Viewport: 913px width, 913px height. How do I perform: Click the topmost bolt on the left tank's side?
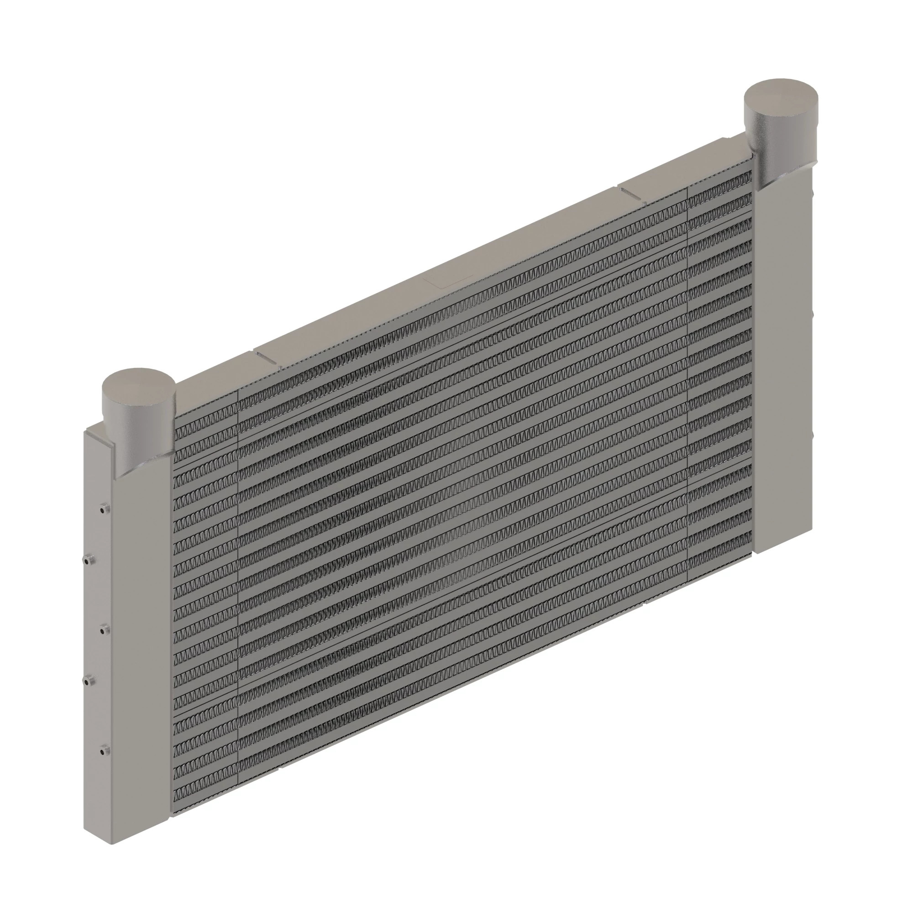pyautogui.click(x=104, y=509)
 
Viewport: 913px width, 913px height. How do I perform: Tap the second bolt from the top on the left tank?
pyautogui.click(x=89, y=561)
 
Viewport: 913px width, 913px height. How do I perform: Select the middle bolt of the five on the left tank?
pyautogui.click(x=104, y=629)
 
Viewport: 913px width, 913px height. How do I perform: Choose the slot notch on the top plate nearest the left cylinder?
pyautogui.click(x=266, y=357)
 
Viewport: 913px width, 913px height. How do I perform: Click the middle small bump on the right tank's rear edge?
pyautogui.click(x=813, y=313)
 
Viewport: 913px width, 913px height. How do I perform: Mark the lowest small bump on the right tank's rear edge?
pyautogui.click(x=813, y=433)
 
